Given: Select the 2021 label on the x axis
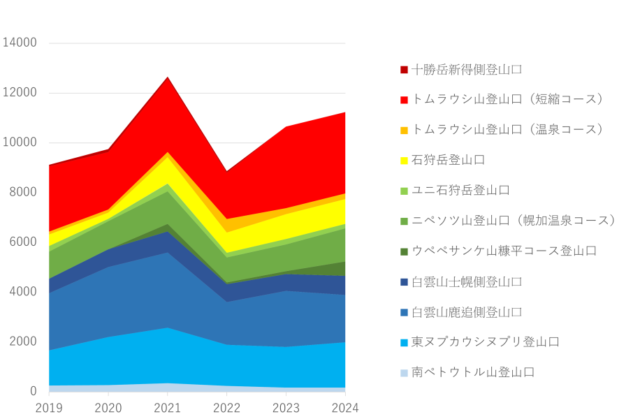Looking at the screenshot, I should coord(167,407).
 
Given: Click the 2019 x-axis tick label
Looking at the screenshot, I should coord(48,407).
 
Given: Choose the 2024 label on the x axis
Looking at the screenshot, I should coord(345,407).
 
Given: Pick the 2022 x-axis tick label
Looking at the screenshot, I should coord(226,407).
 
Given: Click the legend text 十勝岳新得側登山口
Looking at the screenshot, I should coord(467,70).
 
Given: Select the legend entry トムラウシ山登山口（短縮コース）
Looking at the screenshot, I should coord(507,100).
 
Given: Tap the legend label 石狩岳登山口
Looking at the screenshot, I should coord(448,161).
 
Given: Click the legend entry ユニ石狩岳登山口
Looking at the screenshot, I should coord(460,191).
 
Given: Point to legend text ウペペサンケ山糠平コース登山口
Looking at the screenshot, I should coord(504,251).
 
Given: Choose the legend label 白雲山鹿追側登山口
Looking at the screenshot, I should coord(467,312).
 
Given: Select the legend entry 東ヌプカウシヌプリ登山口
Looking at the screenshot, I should coord(486,342).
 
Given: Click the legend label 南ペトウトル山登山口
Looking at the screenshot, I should coord(473,372).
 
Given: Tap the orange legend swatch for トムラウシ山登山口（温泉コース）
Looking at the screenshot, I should coord(404,131).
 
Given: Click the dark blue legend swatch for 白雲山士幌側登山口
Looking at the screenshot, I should coord(404,282).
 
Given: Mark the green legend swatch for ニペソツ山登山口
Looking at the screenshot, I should coord(404,221).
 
